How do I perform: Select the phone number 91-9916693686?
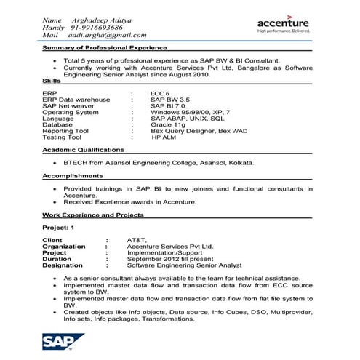coord(101,26)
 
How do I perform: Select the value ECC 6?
coord(161,94)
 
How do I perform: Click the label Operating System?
coord(71,112)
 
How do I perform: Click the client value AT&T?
coord(136,239)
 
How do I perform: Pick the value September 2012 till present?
coord(168,258)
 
